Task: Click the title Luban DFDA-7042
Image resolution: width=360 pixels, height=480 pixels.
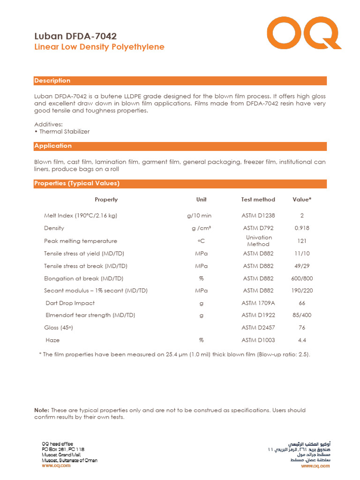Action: pos(75,36)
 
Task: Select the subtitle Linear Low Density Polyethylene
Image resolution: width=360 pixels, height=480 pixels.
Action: pos(99,47)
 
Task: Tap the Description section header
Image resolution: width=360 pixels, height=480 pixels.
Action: pos(52,81)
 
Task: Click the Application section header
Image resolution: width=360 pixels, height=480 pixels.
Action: pos(53,146)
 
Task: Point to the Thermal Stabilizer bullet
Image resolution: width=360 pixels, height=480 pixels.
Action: pos(62,132)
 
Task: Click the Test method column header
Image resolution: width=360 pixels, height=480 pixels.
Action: pos(258,200)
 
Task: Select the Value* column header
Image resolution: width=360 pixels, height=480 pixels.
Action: pos(302,200)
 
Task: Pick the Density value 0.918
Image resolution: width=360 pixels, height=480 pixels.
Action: pos(302,228)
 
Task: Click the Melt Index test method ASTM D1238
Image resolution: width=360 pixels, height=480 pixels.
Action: pos(258,216)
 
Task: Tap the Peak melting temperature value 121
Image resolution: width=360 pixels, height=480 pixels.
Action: pos(302,241)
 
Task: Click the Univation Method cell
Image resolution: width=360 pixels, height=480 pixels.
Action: pos(258,241)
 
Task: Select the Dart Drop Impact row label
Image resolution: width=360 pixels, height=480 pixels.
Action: pos(70,303)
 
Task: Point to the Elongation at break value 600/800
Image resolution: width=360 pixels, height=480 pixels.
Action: pos(302,278)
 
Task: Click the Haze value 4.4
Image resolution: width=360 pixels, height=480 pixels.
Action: pos(302,340)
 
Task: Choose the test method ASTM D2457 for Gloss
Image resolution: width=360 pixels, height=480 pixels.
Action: pos(258,328)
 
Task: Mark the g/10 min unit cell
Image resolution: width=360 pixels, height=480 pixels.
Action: pos(199,216)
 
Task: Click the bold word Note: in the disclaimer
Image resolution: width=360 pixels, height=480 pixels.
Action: pos(42,410)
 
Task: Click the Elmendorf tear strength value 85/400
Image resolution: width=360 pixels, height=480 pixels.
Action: pos(302,315)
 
